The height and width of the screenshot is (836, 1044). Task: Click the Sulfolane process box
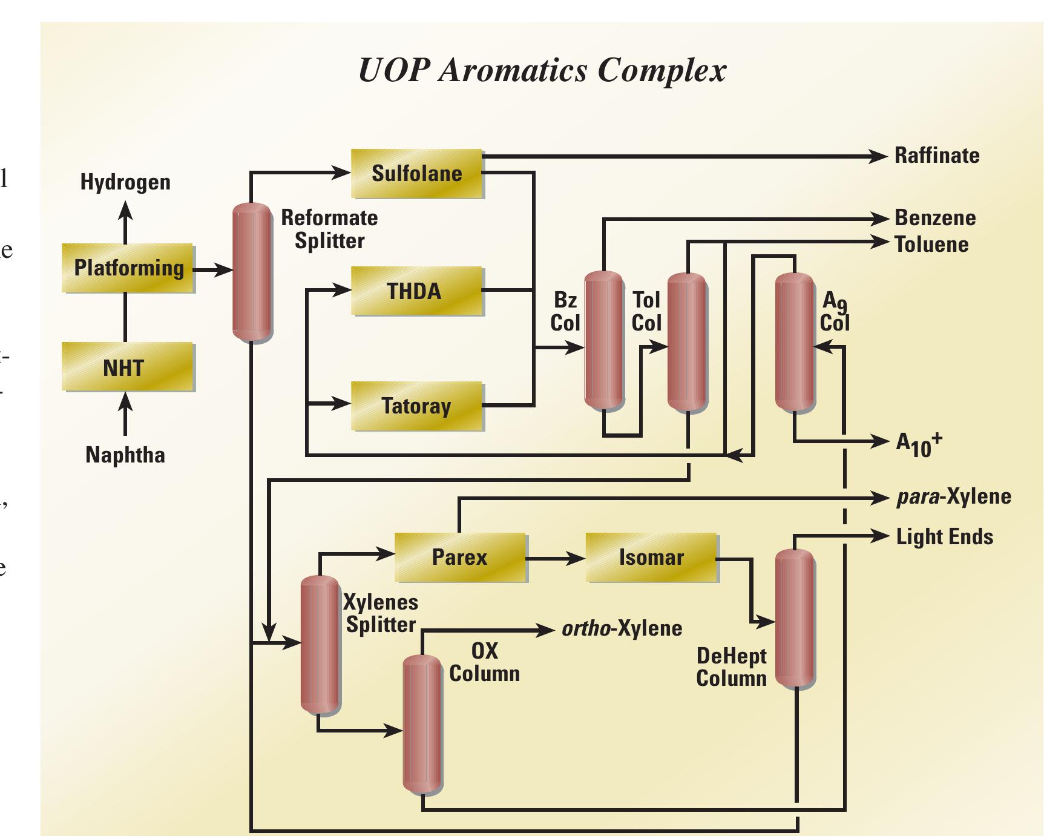pos(416,174)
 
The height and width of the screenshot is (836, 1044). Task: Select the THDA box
pos(416,291)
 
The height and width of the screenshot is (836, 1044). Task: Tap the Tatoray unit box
pos(416,406)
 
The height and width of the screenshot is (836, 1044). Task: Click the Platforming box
pos(128,268)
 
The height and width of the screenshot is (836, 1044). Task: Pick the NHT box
pos(128,367)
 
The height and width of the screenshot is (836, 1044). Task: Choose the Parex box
pos(460,558)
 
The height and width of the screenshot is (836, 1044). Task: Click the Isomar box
pos(651,558)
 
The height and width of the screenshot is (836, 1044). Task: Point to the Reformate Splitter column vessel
pos(252,272)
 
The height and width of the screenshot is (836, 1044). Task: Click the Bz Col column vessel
pos(603,340)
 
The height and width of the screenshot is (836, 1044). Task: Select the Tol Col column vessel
pos(686,342)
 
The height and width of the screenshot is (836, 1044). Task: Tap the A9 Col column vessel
pos(795,342)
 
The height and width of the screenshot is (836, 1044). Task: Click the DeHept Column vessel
pos(795,617)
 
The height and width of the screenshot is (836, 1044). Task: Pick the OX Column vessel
pos(422,724)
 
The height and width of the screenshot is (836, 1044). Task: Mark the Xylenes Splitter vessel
pos(320,644)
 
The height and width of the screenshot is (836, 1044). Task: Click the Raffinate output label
pos(937,156)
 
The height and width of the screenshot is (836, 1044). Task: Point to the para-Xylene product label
pos(954,497)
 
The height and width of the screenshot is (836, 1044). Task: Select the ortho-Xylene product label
pos(622,628)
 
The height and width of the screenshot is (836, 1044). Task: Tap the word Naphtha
pos(125,455)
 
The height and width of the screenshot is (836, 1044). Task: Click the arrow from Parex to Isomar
pos(555,558)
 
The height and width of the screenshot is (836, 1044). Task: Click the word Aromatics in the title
pos(513,71)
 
